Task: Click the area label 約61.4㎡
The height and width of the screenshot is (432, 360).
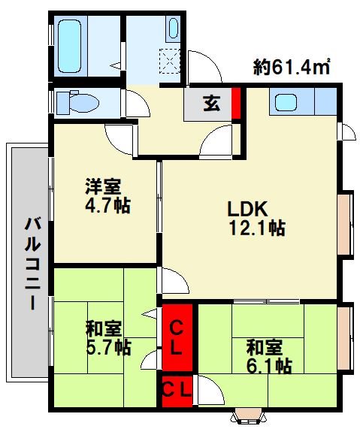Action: click(x=293, y=67)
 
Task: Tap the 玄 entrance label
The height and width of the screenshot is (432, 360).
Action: click(x=211, y=104)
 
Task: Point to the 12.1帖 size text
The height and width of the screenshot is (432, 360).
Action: click(x=256, y=228)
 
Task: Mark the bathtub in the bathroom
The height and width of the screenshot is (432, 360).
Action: click(x=72, y=44)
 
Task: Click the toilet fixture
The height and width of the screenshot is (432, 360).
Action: click(x=75, y=101)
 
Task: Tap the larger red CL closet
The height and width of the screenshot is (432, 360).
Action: click(x=177, y=337)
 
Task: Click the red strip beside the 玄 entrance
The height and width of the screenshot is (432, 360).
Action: click(x=235, y=104)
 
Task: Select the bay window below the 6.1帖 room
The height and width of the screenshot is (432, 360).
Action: click(x=249, y=415)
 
